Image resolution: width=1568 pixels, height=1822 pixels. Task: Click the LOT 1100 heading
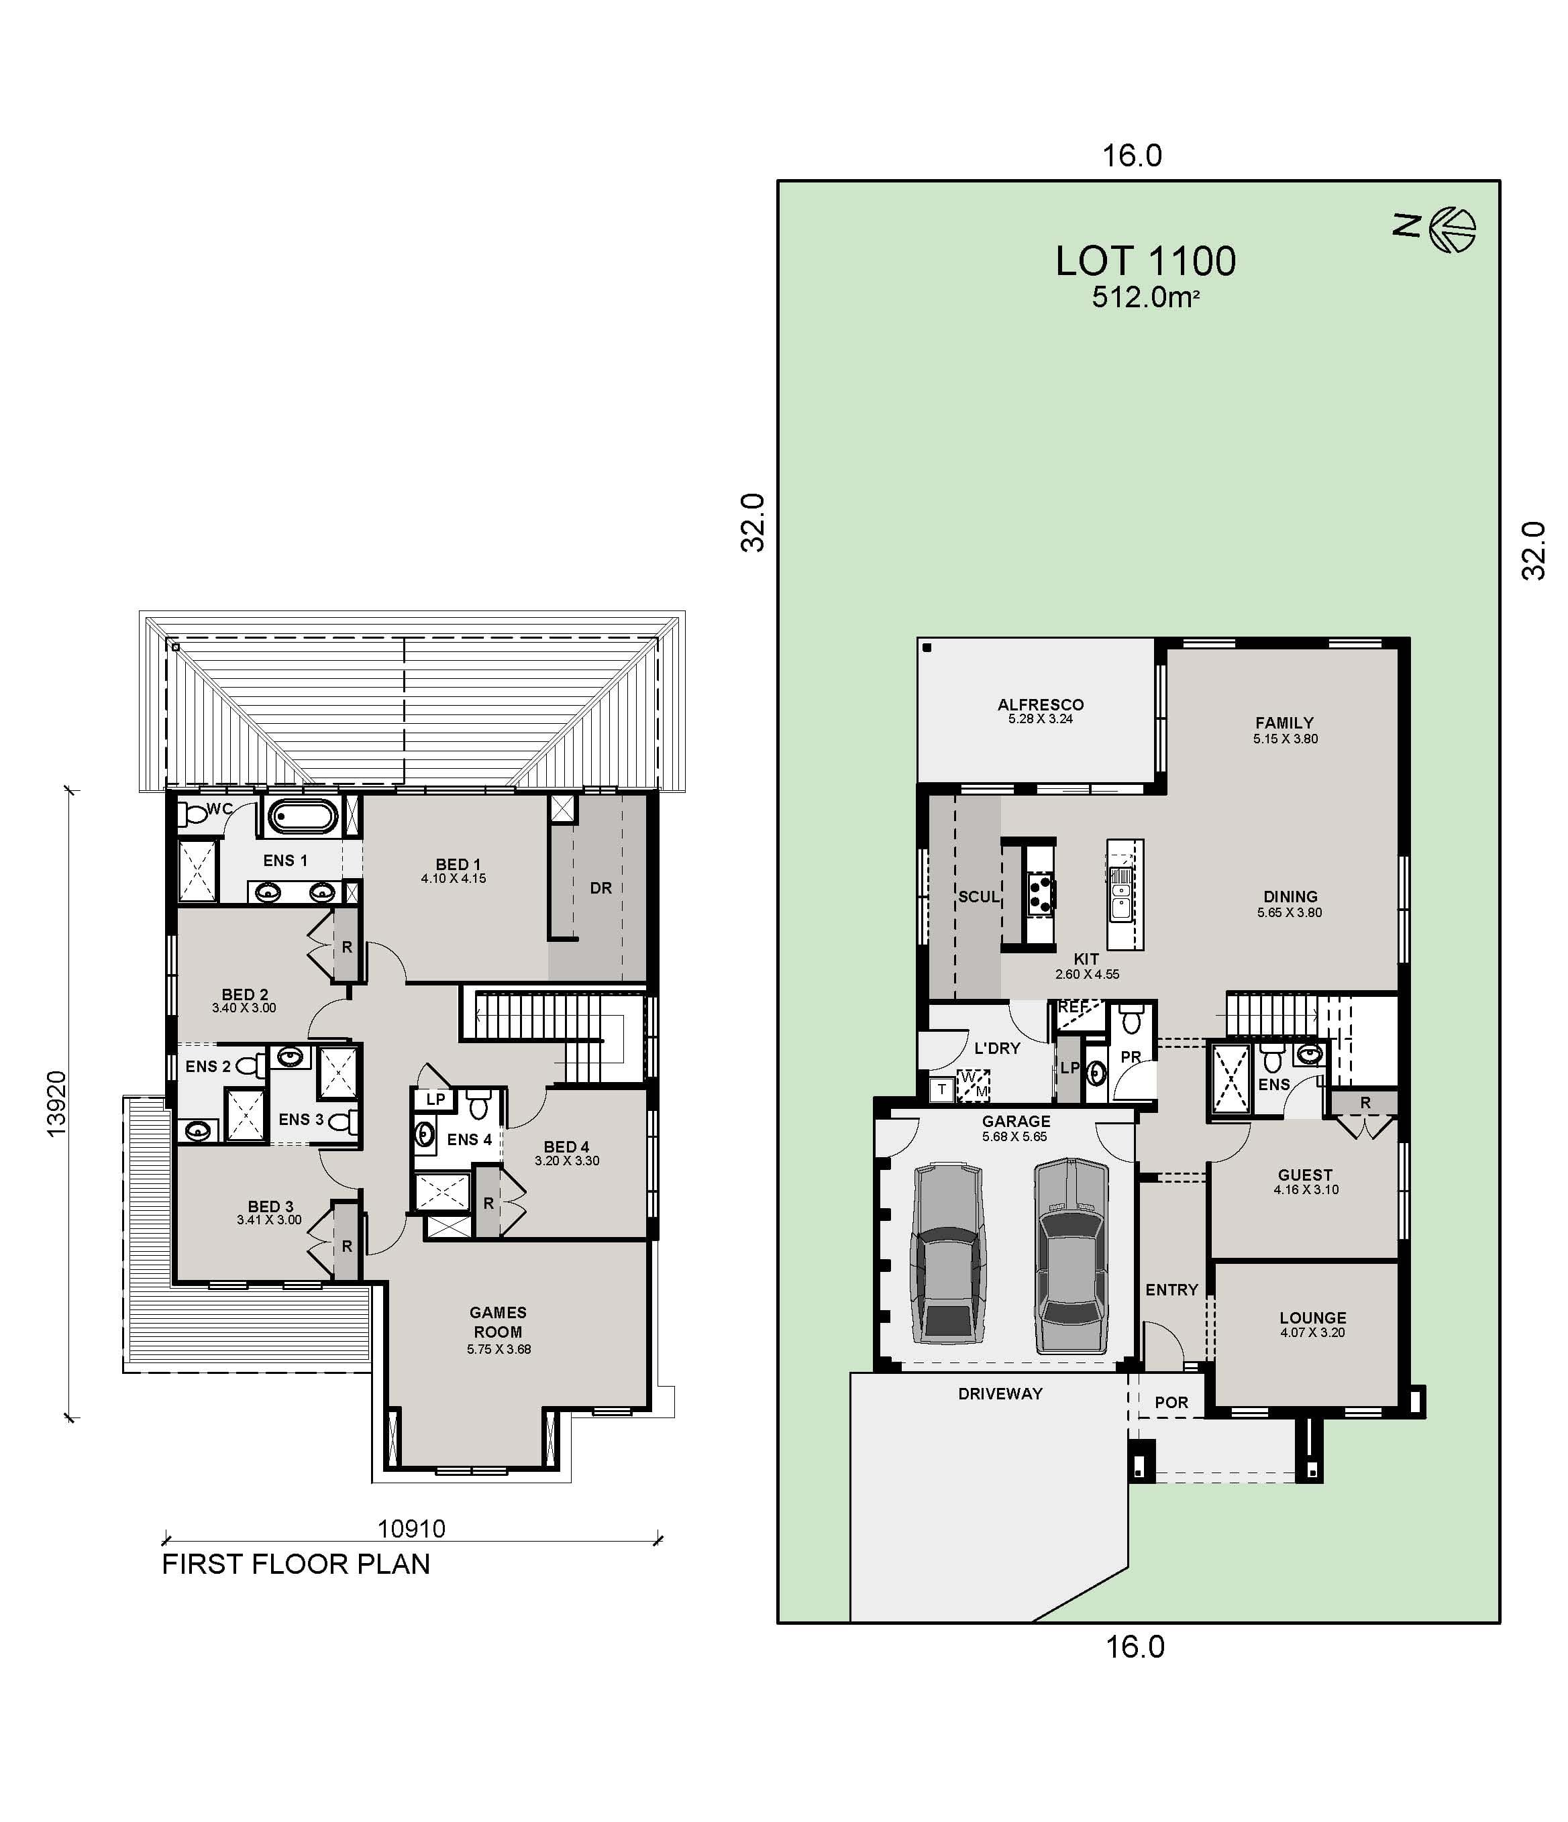tap(1145, 261)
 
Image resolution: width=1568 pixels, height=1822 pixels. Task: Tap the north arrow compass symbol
tap(1451, 229)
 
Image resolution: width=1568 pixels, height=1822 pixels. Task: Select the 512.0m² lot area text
tap(1145, 297)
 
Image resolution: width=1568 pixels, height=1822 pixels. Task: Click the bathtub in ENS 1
tap(302, 817)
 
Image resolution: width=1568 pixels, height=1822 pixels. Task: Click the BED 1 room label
tap(458, 865)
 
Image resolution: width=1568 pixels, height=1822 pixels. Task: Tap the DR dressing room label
tap(600, 888)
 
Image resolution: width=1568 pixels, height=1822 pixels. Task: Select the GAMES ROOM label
tap(498, 1322)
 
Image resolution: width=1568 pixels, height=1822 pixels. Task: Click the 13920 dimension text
tap(56, 1104)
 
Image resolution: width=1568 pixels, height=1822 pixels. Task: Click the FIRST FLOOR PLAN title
tap(295, 1564)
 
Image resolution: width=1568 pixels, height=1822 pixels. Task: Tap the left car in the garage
tap(949, 1254)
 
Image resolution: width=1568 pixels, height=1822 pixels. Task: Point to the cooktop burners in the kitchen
tap(1041, 894)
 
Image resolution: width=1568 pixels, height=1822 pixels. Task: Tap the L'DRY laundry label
tap(996, 1048)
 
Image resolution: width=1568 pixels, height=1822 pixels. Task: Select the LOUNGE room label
tap(1312, 1318)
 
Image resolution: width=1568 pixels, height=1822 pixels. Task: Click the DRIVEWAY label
tap(1000, 1394)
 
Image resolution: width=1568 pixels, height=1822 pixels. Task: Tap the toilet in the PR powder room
tap(1132, 1022)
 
